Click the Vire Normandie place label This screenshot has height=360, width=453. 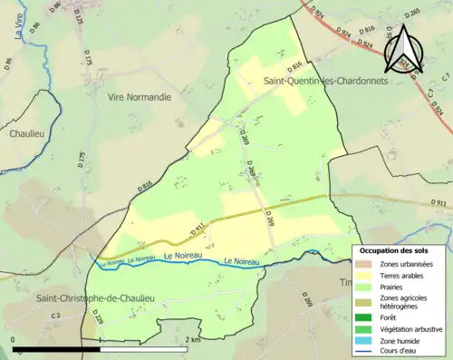139,96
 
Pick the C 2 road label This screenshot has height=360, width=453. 55,315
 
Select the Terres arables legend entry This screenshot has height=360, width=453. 406,275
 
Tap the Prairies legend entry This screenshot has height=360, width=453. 399,287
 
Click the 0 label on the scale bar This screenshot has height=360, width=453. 14,340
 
